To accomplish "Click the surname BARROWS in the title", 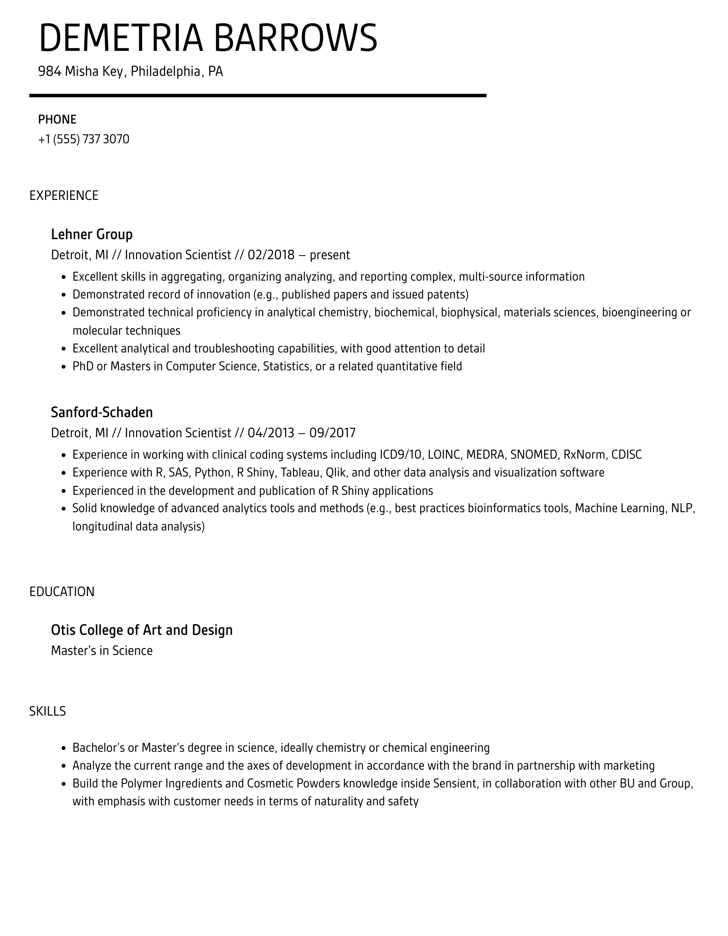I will [x=296, y=37].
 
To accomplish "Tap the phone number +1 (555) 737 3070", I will [x=83, y=139].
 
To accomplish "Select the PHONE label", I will [x=57, y=120].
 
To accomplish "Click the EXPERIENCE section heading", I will [x=64, y=195].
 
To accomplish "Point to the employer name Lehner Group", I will [x=91, y=234].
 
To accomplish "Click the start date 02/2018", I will [x=271, y=255].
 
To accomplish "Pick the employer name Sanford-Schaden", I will [x=102, y=412].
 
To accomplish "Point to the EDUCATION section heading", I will [x=62, y=592].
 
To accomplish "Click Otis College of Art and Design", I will [x=142, y=630].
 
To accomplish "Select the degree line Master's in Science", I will [x=102, y=650].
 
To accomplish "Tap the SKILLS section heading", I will [x=47, y=711].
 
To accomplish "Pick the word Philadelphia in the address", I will [x=166, y=71].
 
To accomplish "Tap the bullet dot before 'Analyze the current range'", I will [x=63, y=766].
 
